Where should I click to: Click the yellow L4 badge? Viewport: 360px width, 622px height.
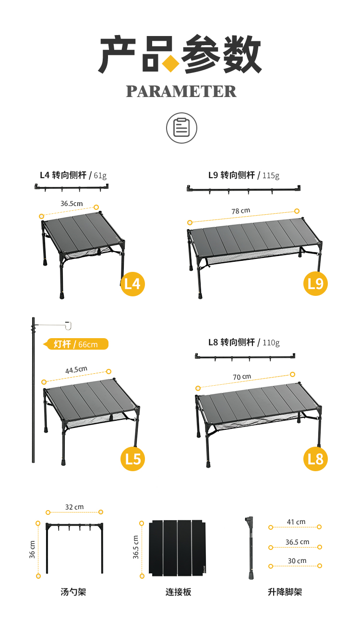(x=132, y=284)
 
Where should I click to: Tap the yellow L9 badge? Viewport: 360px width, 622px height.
(x=315, y=283)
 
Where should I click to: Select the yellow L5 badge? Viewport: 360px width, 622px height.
(x=132, y=459)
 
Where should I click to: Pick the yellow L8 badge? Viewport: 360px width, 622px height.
(x=315, y=459)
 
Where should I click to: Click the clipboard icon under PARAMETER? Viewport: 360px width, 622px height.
(x=181, y=128)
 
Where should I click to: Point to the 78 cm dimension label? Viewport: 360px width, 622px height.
(x=240, y=211)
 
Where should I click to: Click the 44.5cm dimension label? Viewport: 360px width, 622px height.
(x=76, y=370)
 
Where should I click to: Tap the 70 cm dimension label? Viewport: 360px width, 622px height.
(x=242, y=377)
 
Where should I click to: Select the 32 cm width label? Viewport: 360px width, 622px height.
(x=74, y=507)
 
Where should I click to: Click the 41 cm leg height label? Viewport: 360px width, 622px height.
(x=296, y=522)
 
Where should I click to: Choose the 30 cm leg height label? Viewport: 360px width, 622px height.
(x=297, y=561)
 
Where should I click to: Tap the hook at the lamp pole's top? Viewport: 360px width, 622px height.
(x=69, y=326)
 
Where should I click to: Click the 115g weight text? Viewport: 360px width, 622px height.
(x=271, y=175)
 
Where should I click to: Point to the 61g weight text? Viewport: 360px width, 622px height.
(x=100, y=175)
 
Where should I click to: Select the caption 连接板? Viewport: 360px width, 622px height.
(x=178, y=592)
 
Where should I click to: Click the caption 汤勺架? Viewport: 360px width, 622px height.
(x=73, y=592)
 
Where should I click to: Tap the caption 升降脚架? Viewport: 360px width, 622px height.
(x=285, y=592)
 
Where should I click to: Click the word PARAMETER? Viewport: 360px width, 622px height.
(x=181, y=91)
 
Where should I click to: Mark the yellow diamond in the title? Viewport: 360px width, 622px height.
(x=171, y=63)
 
